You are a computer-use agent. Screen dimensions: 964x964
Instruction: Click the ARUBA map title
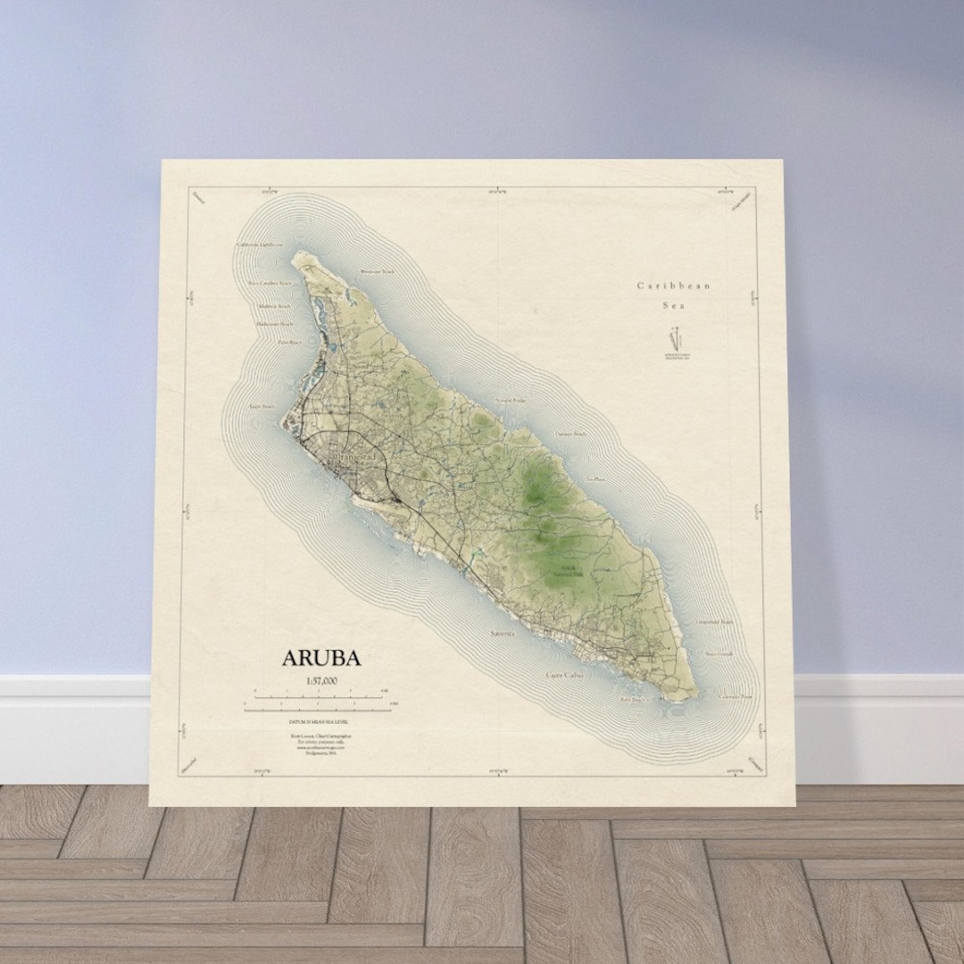click(321, 659)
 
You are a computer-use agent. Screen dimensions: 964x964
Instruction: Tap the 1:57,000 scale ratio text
click(321, 682)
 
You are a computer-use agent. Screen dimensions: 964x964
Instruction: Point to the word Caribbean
click(674, 286)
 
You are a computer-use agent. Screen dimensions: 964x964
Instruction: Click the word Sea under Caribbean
click(674, 305)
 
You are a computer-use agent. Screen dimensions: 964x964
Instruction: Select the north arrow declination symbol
click(676, 340)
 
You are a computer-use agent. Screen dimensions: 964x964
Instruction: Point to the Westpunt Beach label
click(377, 270)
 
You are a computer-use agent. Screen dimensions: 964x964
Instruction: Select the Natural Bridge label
click(512, 401)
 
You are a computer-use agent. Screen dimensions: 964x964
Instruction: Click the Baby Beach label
click(632, 699)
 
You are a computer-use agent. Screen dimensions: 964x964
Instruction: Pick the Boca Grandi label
click(719, 653)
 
